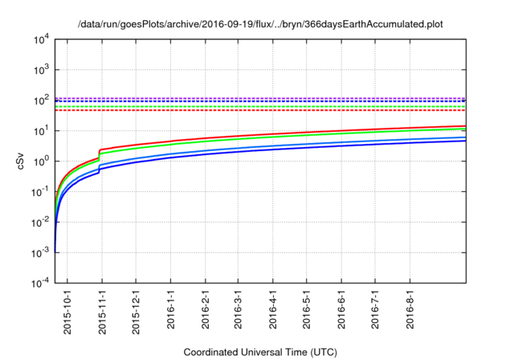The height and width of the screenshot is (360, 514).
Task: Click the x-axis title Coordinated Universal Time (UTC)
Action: pos(261,352)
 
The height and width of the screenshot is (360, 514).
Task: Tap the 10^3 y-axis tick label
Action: pos(40,70)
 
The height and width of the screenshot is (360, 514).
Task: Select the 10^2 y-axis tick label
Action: pos(40,100)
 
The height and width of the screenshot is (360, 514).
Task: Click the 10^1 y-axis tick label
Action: pos(40,131)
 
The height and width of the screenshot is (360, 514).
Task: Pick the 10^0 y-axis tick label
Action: pos(40,162)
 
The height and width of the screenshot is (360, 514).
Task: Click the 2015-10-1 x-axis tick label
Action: pos(67,309)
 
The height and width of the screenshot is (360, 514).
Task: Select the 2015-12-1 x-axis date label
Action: pos(136,309)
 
